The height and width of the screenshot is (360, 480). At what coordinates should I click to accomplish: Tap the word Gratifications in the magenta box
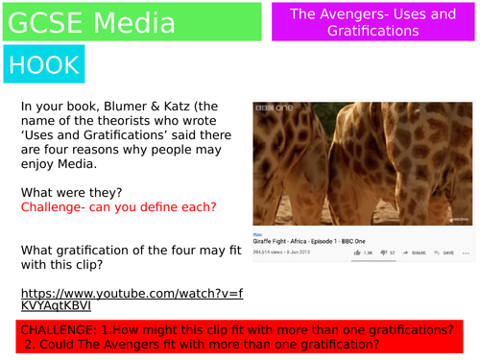coord(370,31)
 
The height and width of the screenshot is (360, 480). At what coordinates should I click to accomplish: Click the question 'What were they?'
coord(65,191)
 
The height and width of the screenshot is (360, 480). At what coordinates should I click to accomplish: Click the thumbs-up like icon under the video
coord(357,252)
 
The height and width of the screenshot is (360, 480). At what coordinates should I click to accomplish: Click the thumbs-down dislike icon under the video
coord(382,252)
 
